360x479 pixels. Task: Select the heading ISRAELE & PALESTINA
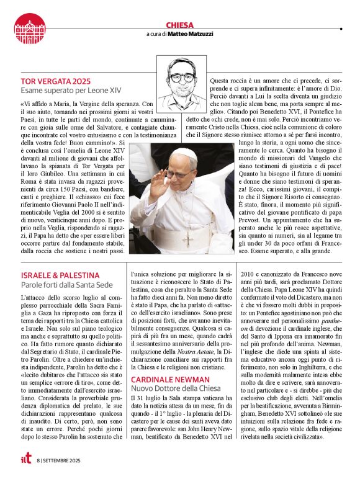60,275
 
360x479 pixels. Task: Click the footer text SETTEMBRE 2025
66,460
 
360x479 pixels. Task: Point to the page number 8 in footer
38,460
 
